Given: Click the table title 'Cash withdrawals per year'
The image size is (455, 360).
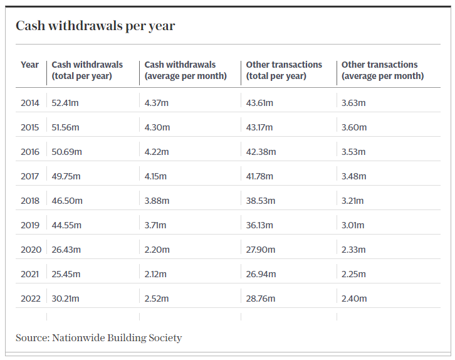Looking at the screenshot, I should click(95, 26).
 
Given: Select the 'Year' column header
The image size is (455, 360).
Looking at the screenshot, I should click(29, 65).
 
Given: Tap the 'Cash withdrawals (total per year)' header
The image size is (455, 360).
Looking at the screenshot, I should click(87, 70).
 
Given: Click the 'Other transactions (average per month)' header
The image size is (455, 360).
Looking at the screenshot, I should click(382, 70).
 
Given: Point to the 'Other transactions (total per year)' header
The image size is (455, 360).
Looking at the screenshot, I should click(284, 70).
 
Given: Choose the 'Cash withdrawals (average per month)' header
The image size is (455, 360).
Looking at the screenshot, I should click(185, 70).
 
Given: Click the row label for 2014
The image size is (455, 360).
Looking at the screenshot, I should click(30, 103).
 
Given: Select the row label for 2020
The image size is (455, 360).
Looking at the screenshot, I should click(31, 250).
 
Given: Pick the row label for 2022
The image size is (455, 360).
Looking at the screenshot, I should click(30, 299).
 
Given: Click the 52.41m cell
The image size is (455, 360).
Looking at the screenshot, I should click(66, 103).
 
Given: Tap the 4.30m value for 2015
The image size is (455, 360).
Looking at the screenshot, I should click(157, 127).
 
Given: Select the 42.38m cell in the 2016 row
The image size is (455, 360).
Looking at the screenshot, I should click(261, 152).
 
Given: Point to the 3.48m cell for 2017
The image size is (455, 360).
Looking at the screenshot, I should click(354, 176).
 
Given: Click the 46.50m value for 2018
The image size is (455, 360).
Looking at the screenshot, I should click(67, 201).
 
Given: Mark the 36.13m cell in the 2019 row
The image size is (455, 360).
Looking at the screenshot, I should click(260, 225).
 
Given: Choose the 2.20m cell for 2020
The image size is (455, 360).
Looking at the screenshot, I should click(157, 250).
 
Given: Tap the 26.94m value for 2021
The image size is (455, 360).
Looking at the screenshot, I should click(261, 274).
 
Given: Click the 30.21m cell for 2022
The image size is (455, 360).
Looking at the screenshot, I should click(66, 299).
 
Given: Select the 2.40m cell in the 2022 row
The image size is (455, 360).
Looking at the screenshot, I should click(354, 299).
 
